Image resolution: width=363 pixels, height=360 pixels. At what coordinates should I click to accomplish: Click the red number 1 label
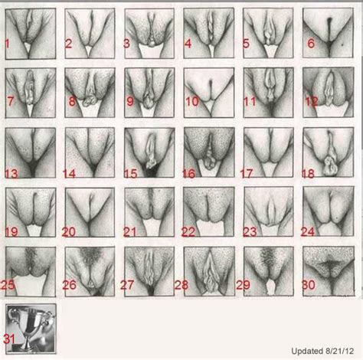8,43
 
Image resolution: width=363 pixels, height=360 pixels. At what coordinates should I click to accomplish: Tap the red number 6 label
309,43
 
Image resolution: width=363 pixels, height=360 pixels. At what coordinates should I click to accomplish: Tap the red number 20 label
71,229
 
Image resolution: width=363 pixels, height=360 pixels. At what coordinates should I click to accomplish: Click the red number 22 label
191,230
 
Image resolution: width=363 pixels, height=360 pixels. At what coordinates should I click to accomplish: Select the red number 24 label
310,229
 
